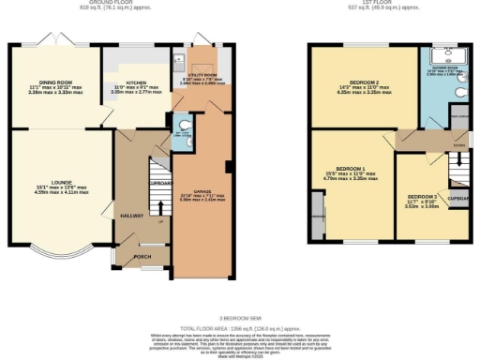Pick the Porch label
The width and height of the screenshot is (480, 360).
tap(142, 256)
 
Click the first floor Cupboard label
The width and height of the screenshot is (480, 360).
tap(458, 201)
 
